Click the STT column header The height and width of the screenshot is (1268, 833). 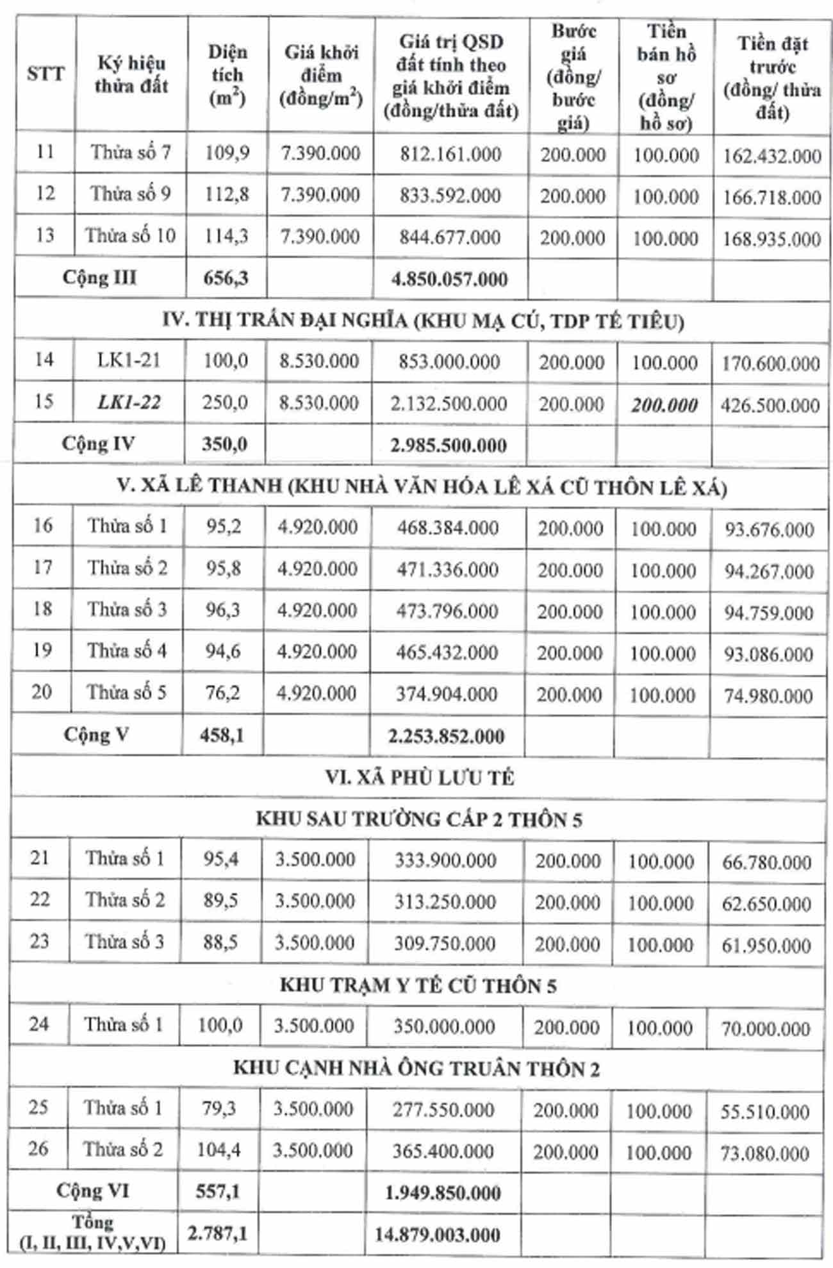point(45,74)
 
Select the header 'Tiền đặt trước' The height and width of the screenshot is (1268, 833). point(771,78)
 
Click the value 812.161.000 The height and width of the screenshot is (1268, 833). point(450,154)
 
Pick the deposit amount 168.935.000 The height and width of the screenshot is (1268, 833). point(771,239)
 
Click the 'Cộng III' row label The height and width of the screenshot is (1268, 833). point(99,278)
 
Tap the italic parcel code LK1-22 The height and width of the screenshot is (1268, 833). point(129,403)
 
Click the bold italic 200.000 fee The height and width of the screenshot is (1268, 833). point(664,405)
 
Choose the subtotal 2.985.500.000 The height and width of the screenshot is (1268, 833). point(449,445)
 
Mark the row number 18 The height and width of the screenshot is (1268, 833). point(42,608)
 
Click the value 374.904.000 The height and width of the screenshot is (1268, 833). point(447,694)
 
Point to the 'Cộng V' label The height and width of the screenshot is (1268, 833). point(96,735)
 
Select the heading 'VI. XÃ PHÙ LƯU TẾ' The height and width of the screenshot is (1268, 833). point(420,778)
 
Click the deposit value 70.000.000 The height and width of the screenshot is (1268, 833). point(766,1029)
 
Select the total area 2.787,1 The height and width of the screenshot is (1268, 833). point(217,1233)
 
